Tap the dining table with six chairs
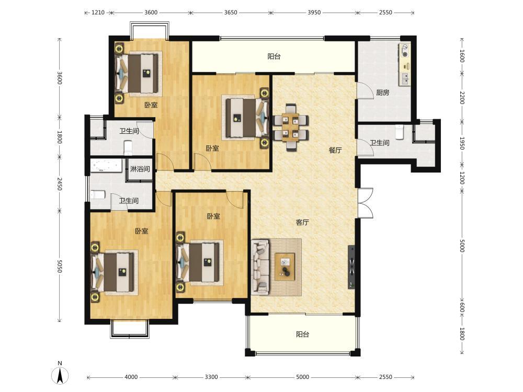[290, 128]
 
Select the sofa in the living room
[260, 267]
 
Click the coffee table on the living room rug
[285, 267]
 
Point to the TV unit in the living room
[351, 267]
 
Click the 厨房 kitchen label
[383, 93]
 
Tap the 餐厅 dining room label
[335, 150]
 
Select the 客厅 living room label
[302, 222]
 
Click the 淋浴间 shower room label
[140, 169]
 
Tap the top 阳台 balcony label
[274, 56]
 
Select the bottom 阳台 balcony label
[302, 334]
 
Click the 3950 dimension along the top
[314, 13]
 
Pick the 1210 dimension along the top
[98, 13]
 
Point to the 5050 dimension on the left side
[60, 267]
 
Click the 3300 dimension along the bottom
[211, 377]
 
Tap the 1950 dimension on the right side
[462, 143]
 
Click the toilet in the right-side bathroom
[400, 132]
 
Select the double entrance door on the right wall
[365, 203]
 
